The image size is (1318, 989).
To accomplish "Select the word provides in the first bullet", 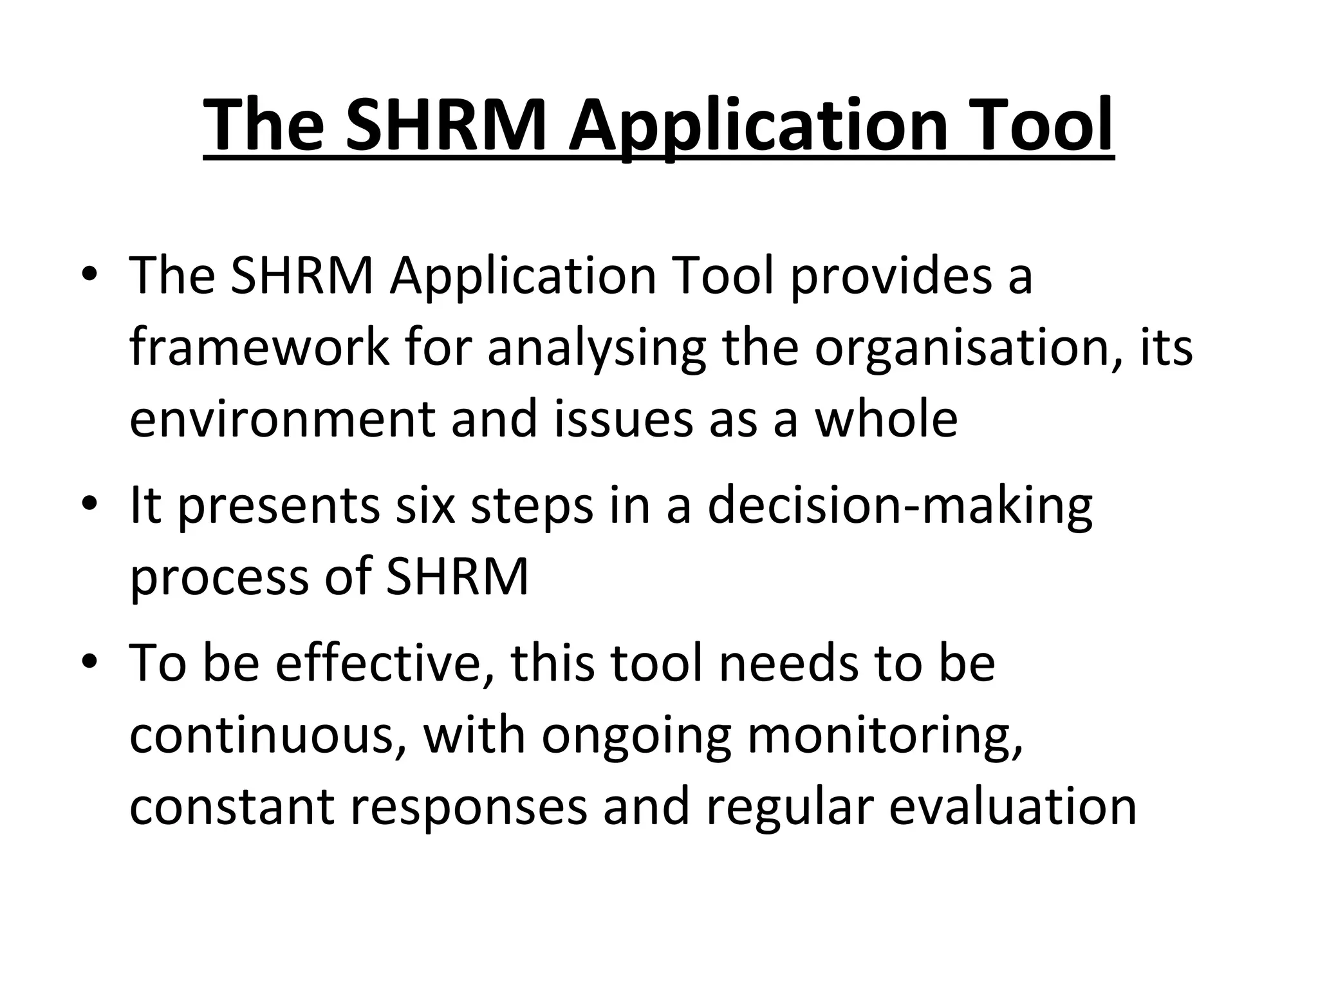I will pyautogui.click(x=891, y=276).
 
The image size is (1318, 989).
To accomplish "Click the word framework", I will pyautogui.click(x=259, y=348).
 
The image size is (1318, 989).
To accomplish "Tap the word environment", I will pyautogui.click(x=282, y=419).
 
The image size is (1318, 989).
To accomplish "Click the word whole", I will pyautogui.click(x=886, y=419).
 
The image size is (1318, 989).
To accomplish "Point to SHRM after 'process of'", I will pyautogui.click(x=456, y=576).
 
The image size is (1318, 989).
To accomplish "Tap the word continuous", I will pyautogui.click(x=268, y=735).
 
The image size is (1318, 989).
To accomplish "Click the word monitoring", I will pyautogui.click(x=884, y=735).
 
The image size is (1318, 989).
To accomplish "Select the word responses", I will pyautogui.click(x=469, y=806).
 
